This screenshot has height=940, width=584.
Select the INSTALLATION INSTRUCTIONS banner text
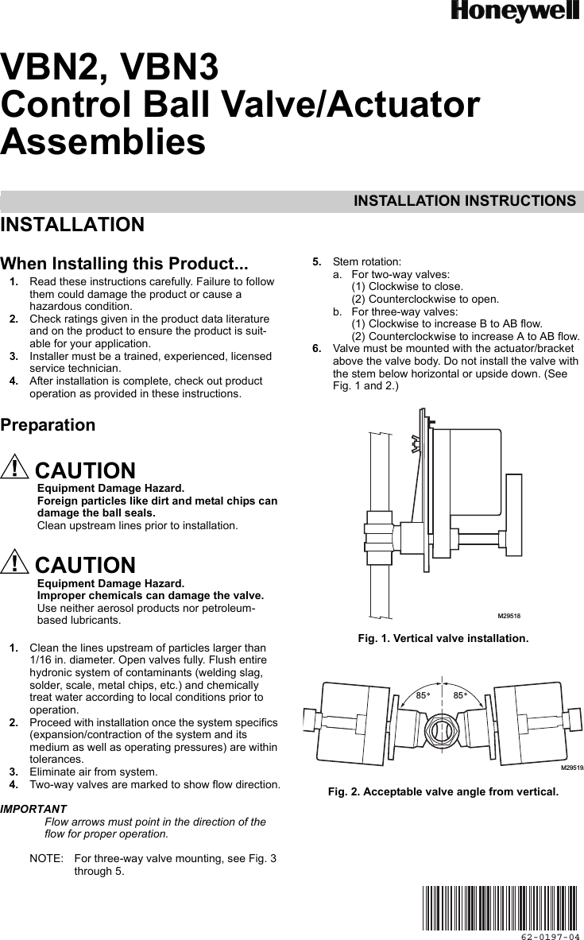[465, 201]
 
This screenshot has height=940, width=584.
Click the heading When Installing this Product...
[124, 264]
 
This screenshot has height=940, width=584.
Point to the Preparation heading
[48, 425]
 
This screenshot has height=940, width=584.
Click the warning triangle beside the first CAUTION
[14, 469]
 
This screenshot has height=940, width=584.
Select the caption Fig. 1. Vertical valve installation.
[443, 639]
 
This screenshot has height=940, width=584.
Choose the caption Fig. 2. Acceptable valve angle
[444, 791]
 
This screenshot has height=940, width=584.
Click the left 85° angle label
[423, 696]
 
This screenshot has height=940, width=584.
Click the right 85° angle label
[460, 696]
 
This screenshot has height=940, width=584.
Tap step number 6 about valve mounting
[316, 348]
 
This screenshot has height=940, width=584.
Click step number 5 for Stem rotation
[316, 261]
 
